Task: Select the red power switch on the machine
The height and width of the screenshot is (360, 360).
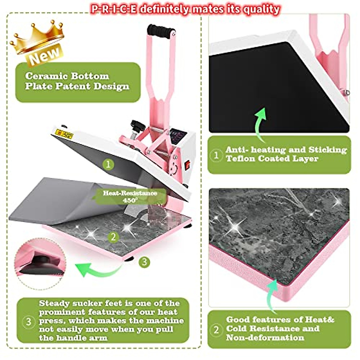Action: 188,163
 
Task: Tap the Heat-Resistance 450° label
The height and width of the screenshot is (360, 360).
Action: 130,196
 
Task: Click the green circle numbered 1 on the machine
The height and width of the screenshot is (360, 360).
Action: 108,164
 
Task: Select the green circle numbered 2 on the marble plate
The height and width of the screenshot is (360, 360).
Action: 113,237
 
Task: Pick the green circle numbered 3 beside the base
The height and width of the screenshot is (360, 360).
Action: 144,262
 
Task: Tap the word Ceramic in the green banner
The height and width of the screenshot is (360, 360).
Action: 44,76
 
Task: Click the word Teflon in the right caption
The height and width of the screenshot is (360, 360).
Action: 240,158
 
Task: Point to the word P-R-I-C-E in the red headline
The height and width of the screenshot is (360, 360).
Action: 114,9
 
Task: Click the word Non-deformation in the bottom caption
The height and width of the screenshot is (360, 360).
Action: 265,337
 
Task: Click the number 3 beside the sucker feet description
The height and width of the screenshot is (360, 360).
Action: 28,322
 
